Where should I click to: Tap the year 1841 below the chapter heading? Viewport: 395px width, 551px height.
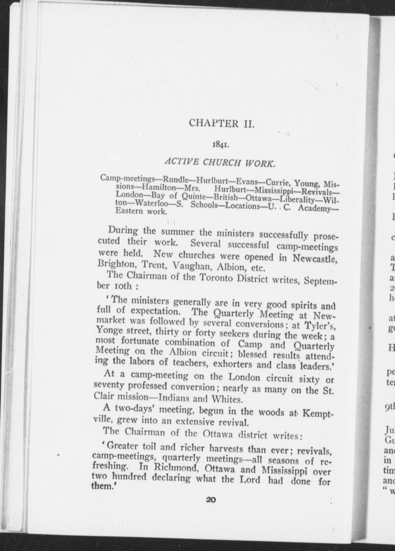(220, 145)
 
